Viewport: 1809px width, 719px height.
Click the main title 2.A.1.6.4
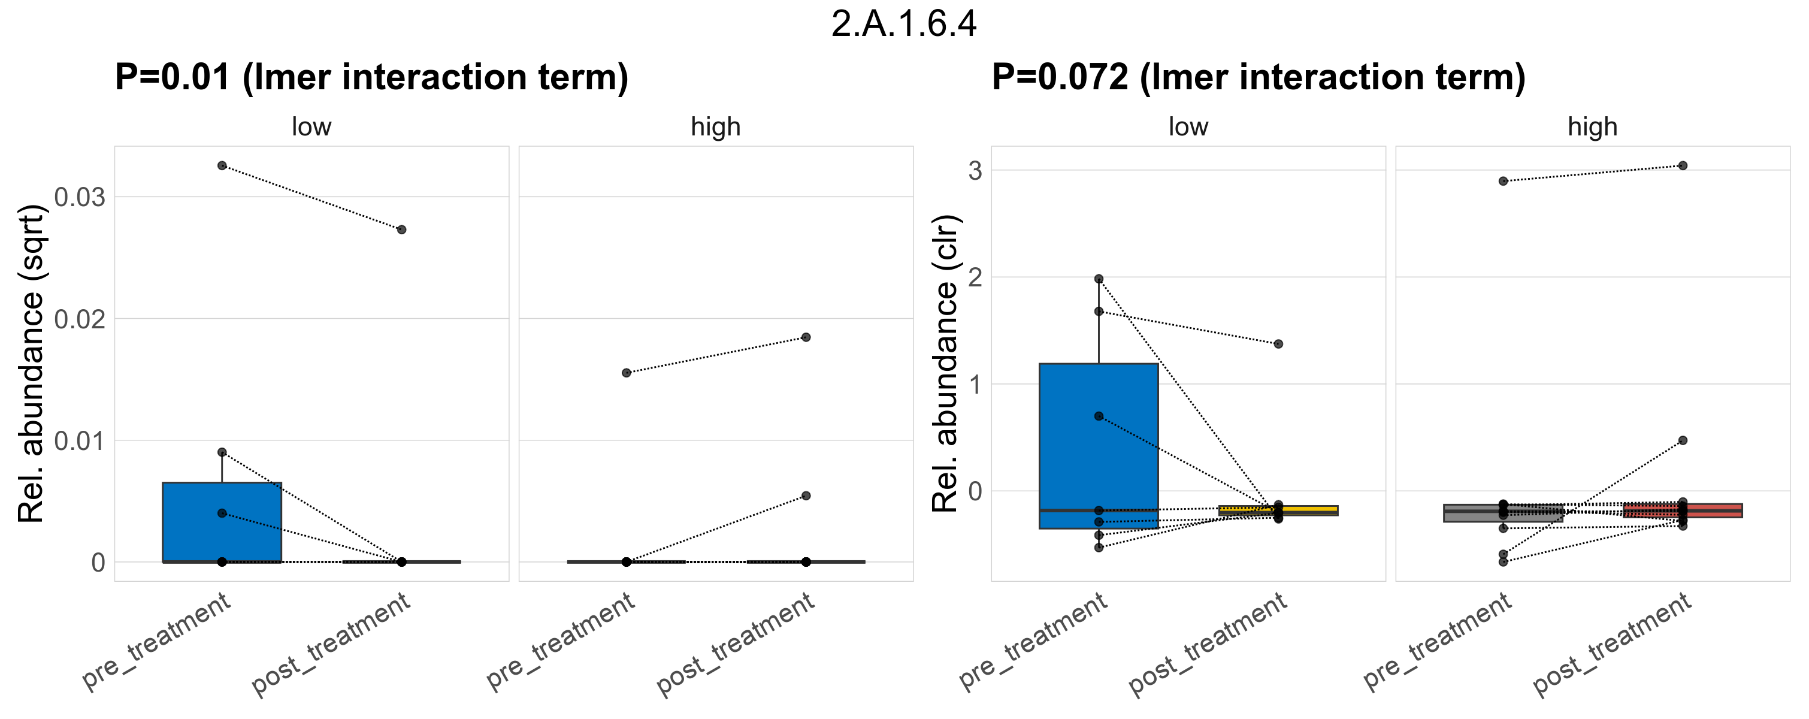coord(904,25)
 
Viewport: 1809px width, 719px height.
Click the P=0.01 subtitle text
coord(371,77)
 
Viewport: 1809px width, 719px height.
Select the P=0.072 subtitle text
coord(1259,77)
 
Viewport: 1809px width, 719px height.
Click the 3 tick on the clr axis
coord(975,171)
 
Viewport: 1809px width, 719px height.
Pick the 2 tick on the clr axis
coord(975,278)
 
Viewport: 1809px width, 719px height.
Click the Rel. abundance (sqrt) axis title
coord(31,364)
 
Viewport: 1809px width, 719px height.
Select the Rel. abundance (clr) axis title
coord(945,364)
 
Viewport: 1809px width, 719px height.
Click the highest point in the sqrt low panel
coord(222,166)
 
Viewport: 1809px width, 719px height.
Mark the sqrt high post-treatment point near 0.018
coord(806,337)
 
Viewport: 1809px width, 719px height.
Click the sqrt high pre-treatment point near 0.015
coord(627,373)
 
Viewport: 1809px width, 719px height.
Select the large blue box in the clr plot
coord(1099,449)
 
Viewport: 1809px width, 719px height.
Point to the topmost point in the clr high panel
coord(1683,166)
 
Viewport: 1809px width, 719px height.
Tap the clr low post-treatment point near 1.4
coord(1279,344)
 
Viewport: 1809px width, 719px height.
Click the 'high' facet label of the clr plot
coord(1593,127)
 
